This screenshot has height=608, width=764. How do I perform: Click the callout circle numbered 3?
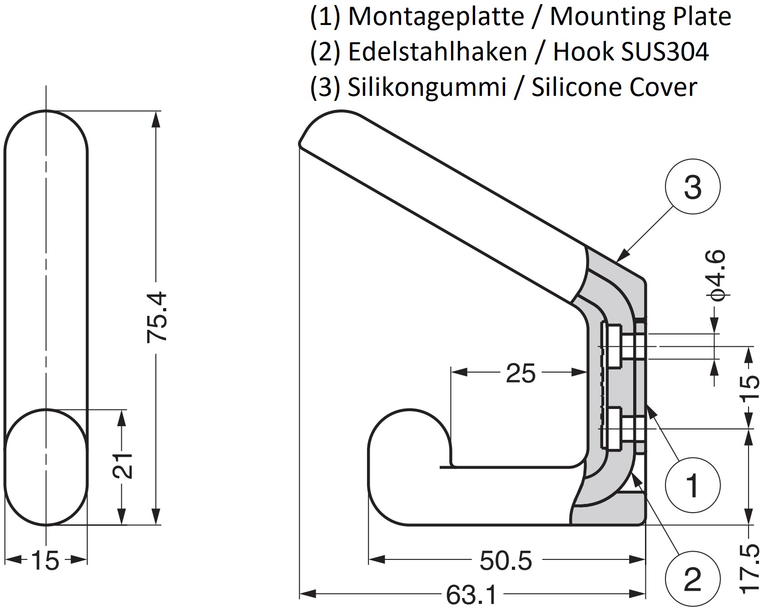tap(692, 187)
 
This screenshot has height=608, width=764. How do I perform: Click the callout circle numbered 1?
tap(692, 485)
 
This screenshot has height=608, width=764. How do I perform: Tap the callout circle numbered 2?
tap(692, 580)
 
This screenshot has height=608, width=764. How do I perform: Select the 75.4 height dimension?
tap(157, 317)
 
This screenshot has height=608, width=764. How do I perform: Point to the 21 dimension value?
tap(122, 465)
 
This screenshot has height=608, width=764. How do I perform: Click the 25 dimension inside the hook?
tap(521, 374)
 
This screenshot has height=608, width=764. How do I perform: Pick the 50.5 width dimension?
tap(506, 562)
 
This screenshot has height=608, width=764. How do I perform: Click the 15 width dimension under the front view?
tap(45, 561)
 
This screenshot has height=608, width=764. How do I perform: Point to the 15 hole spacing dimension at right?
tap(751, 388)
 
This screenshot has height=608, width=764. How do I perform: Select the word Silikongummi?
tap(427, 87)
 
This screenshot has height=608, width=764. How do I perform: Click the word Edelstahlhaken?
tap(437, 52)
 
